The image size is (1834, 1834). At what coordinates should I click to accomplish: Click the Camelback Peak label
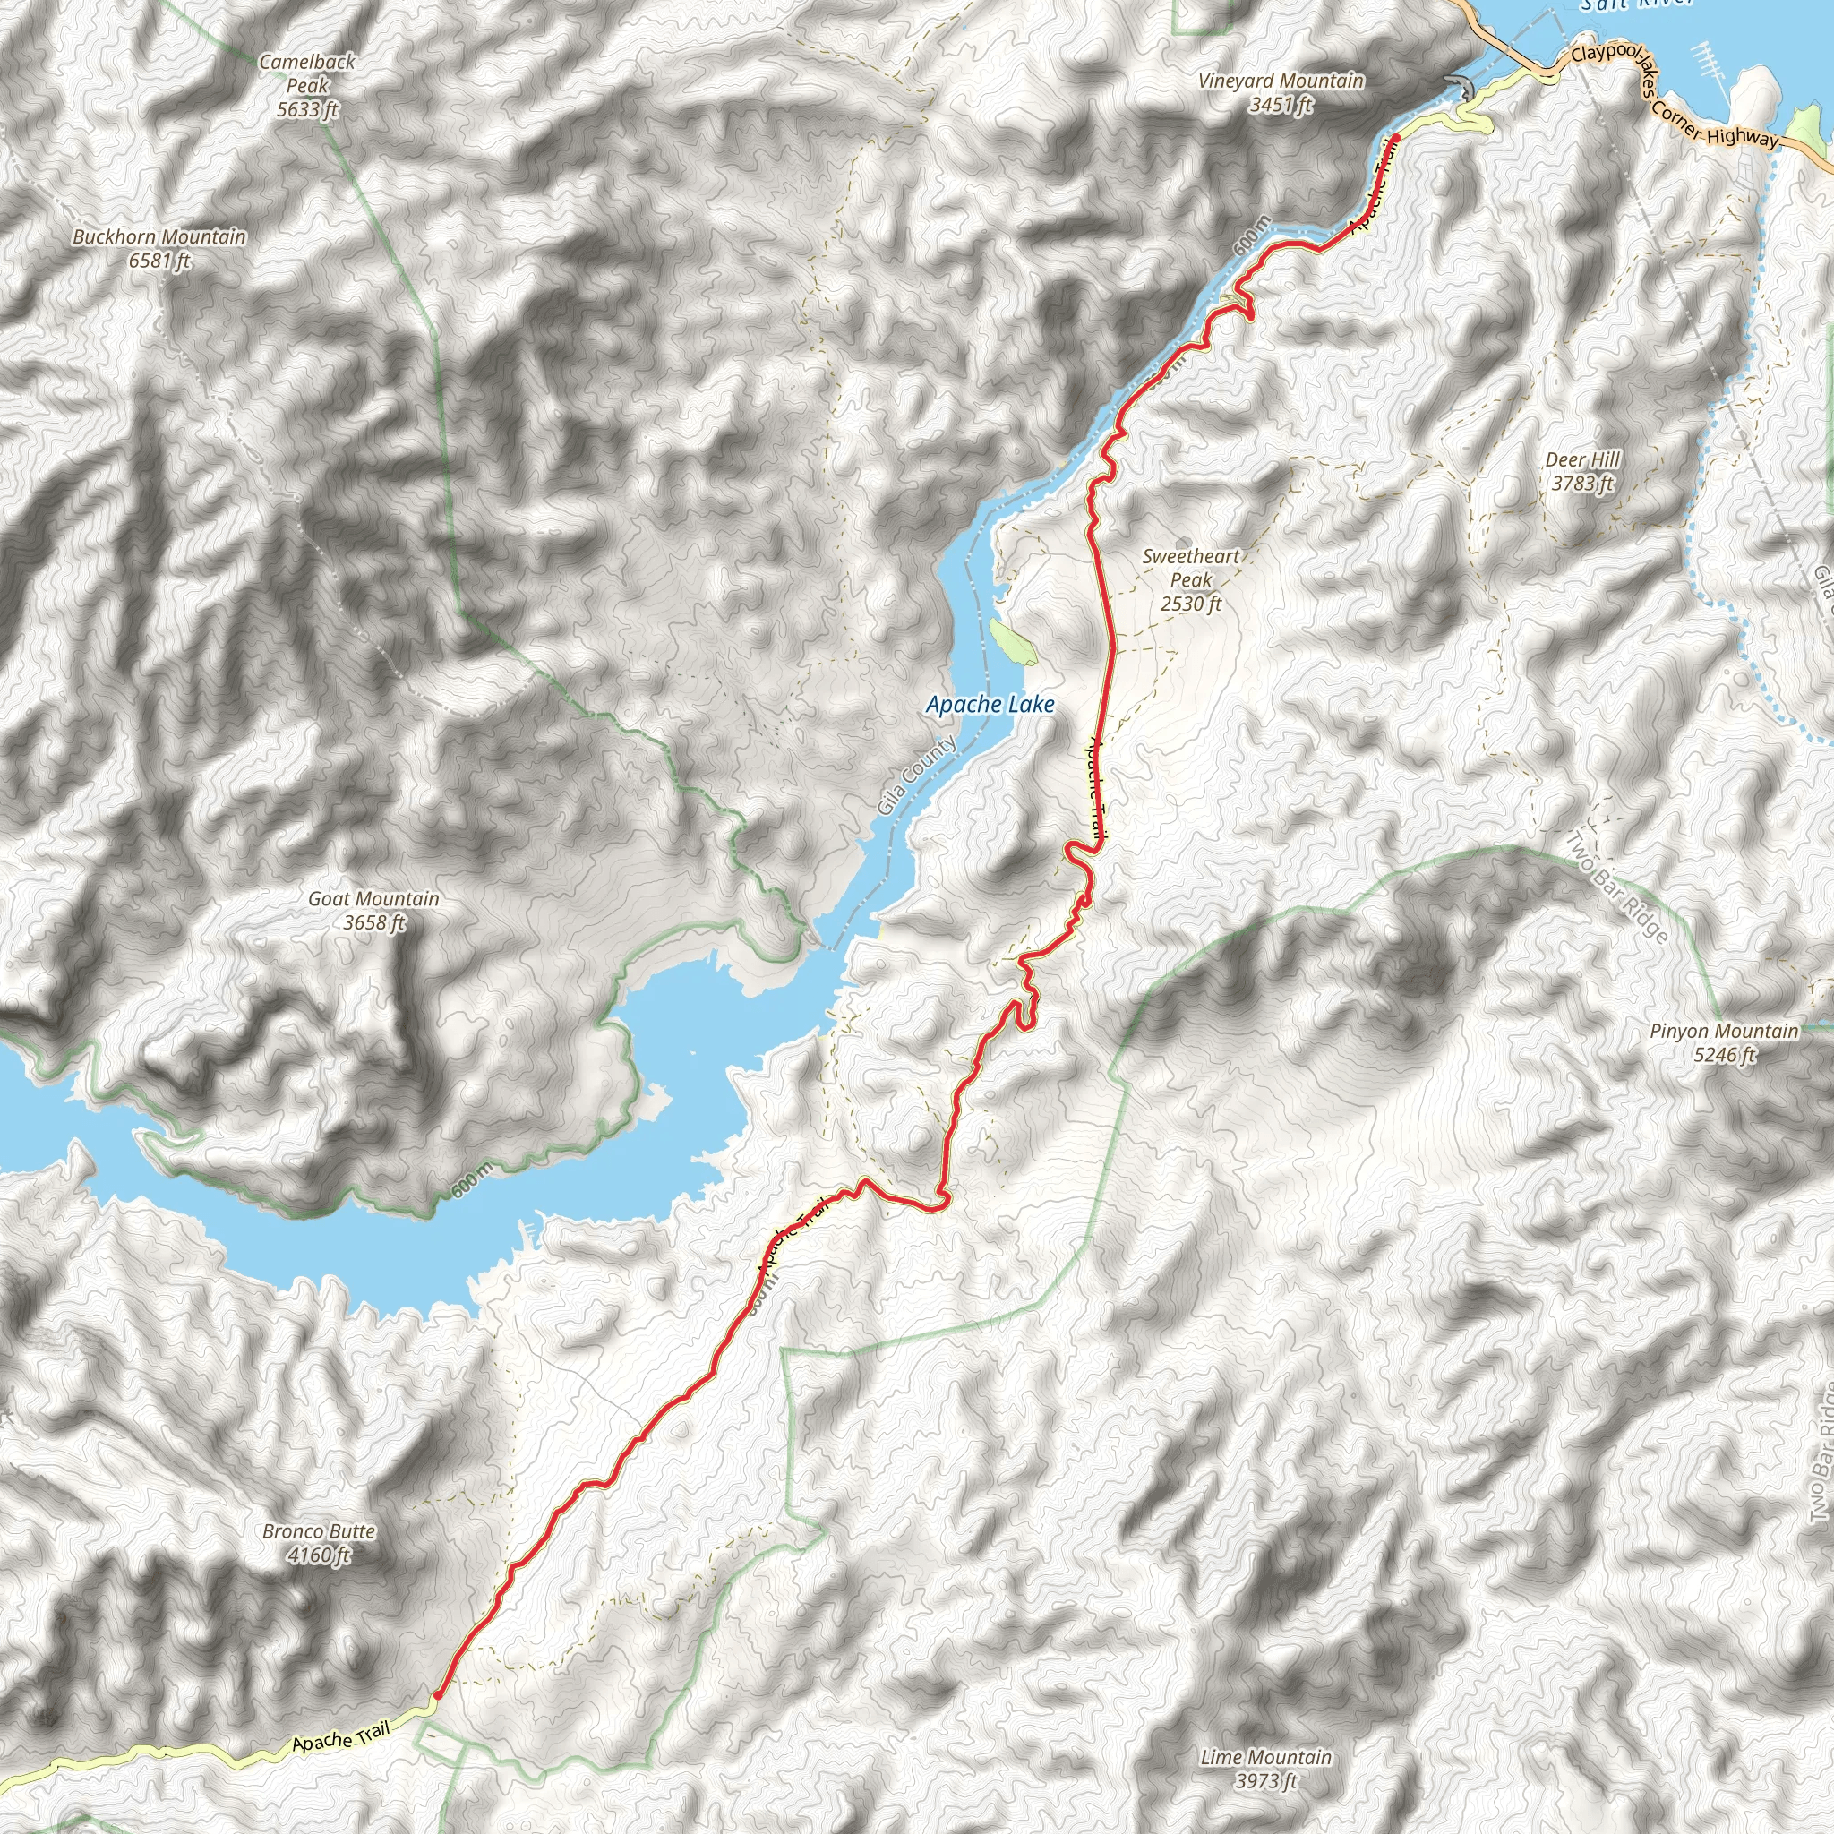(306, 74)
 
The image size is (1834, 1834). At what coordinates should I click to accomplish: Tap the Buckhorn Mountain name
(159, 236)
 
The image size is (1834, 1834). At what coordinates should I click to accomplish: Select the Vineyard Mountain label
(1281, 81)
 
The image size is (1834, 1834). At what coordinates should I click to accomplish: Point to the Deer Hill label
(1582, 460)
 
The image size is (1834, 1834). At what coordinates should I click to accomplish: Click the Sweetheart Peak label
(1191, 568)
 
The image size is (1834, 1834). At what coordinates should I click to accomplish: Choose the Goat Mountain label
(374, 898)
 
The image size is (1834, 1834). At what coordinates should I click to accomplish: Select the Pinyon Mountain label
(1724, 1031)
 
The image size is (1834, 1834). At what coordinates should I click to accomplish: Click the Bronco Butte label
(319, 1531)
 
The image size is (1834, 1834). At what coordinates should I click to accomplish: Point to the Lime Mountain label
(1266, 1757)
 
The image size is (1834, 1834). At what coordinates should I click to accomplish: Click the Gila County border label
(917, 775)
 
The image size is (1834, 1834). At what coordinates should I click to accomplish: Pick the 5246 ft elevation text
(1725, 1055)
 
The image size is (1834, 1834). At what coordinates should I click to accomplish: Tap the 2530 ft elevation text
(1191, 604)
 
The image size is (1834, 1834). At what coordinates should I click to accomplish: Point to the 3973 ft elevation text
(1266, 1781)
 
